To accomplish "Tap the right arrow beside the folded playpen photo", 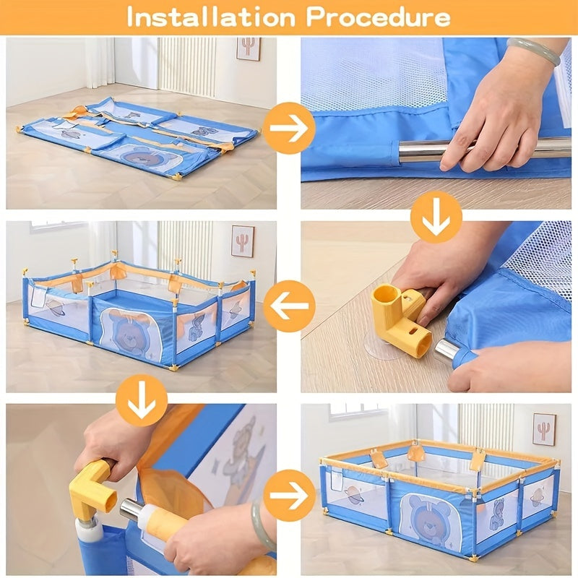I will (289, 128).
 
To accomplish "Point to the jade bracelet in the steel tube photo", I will (534, 51).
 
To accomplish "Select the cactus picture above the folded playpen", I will (248, 48).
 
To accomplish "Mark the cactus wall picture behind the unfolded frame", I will (242, 241).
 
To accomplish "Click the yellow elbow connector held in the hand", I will (92, 488).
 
